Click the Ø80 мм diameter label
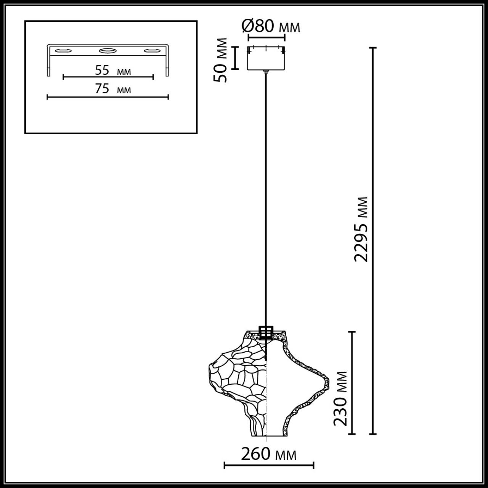271,27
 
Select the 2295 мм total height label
361,229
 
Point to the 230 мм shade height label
340,398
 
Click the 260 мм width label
268,454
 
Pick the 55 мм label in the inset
113,71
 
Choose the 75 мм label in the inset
112,89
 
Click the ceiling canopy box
266,59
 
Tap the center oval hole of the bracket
108,50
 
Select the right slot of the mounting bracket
153,51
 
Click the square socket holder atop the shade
266,332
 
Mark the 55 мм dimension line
108,77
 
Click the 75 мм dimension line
108,97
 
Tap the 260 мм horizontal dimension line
269,465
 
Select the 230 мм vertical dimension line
352,383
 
